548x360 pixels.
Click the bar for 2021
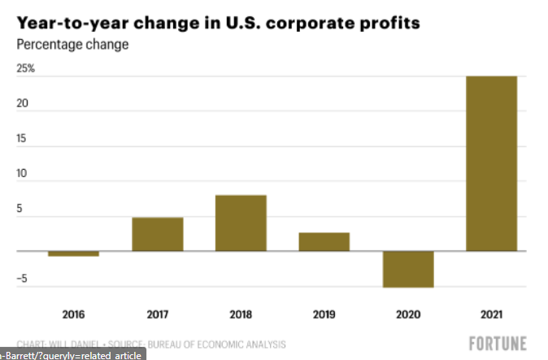tap(491, 163)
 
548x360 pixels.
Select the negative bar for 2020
tap(408, 269)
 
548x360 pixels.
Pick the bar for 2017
tap(158, 234)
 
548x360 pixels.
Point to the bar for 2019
tap(324, 242)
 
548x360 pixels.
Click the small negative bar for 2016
tap(73, 254)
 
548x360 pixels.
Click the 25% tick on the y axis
tap(26, 69)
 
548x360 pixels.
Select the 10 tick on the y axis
tap(24, 174)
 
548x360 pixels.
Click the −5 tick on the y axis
tap(24, 280)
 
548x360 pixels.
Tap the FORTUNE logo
tap(498, 343)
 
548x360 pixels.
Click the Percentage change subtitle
tap(72, 44)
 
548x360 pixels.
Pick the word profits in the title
tap(384, 23)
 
